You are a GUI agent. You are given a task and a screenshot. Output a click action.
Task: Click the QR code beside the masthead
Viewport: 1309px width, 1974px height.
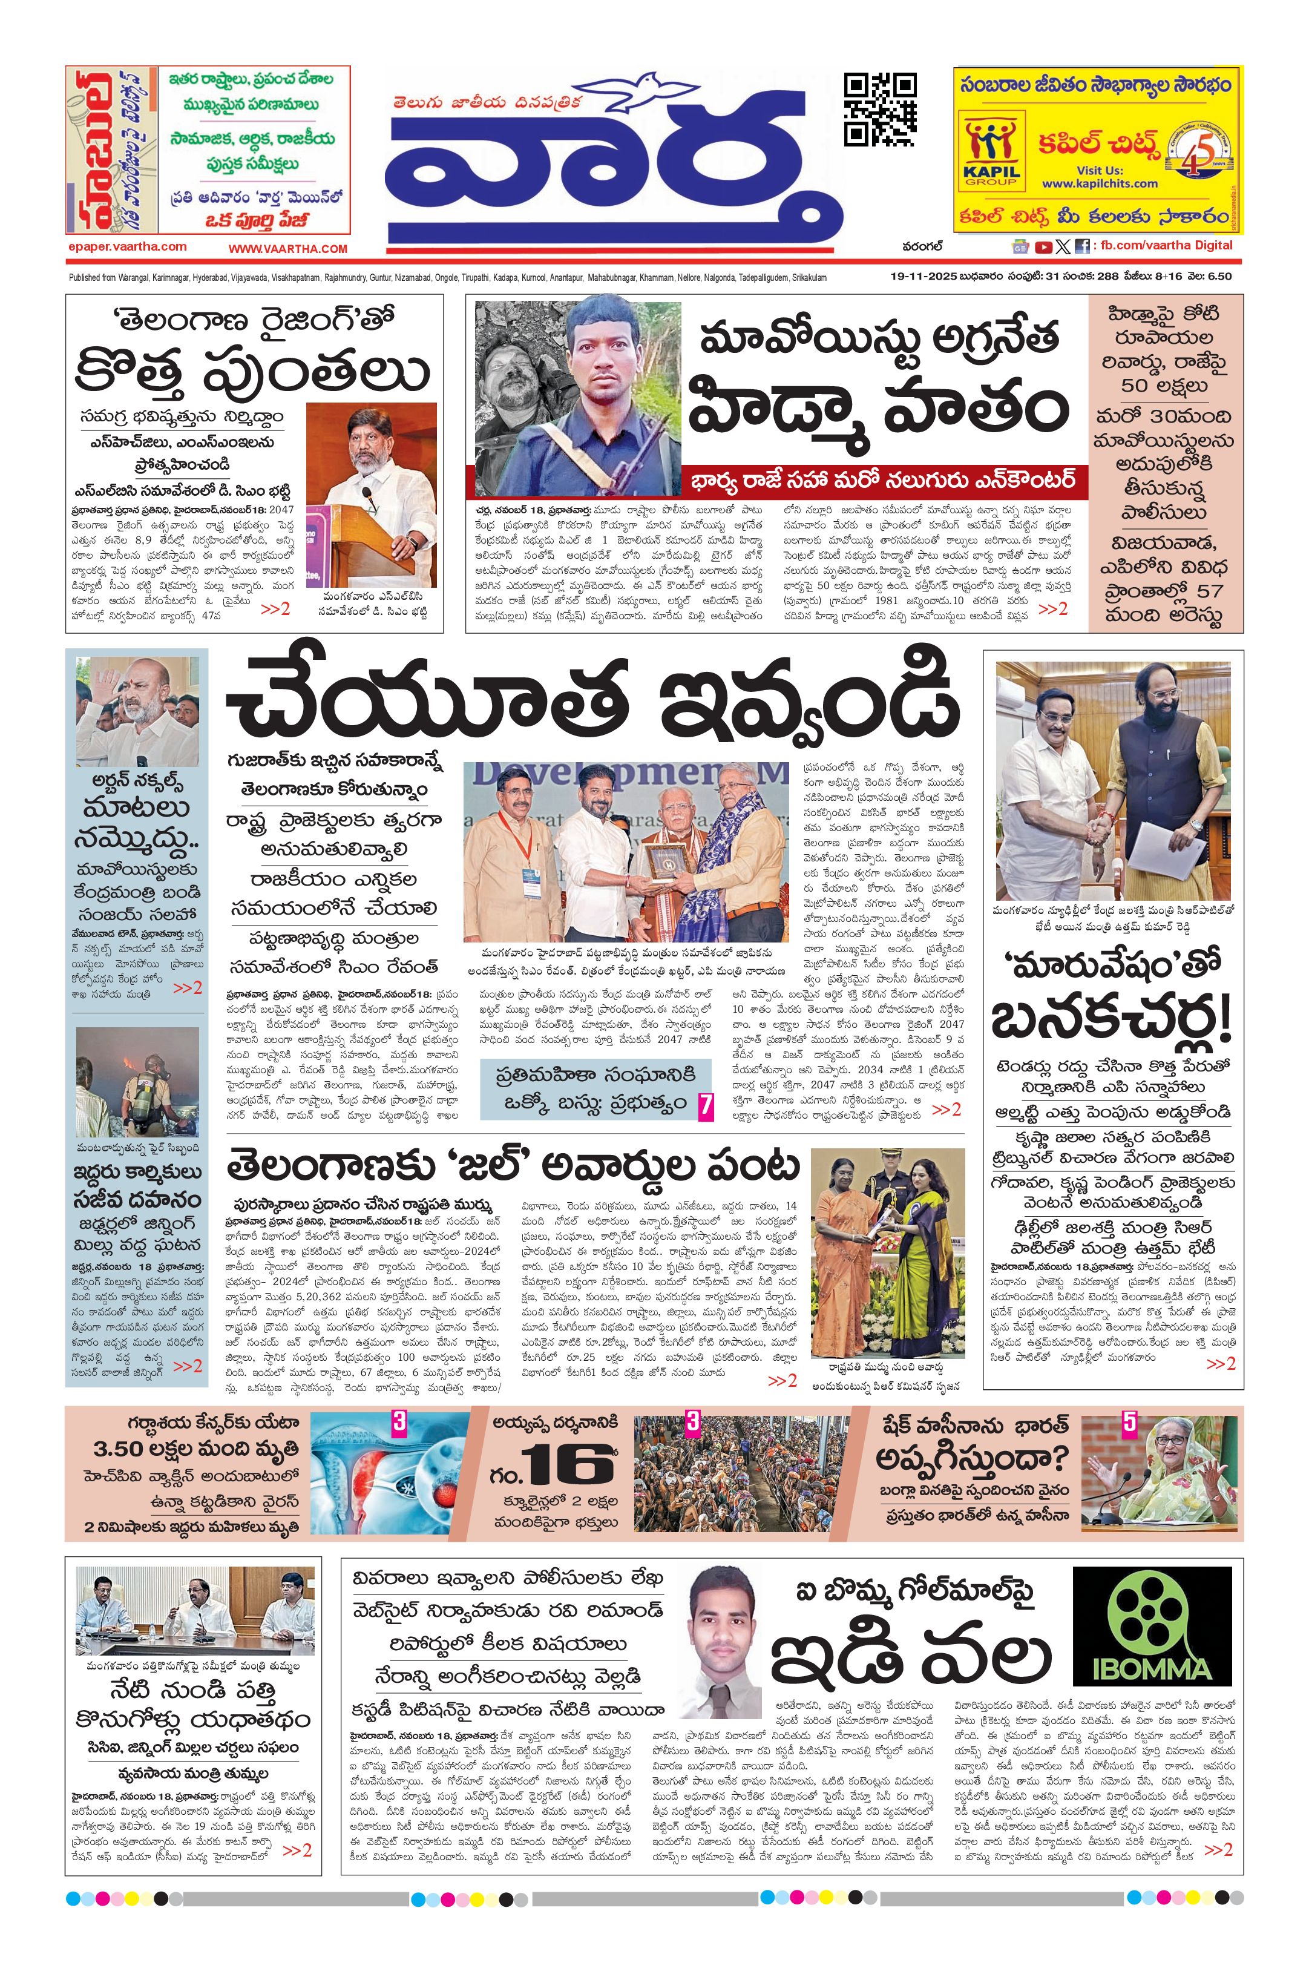coord(880,110)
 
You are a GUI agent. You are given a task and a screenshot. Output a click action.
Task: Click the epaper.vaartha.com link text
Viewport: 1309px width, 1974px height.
coord(127,246)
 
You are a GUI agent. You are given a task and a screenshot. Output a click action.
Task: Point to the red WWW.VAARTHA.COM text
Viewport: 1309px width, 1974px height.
coord(288,248)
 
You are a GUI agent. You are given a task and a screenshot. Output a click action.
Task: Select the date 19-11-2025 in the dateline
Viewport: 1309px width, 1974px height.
coord(922,277)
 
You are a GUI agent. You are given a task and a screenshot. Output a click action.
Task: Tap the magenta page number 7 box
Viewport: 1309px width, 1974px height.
coord(706,1107)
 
